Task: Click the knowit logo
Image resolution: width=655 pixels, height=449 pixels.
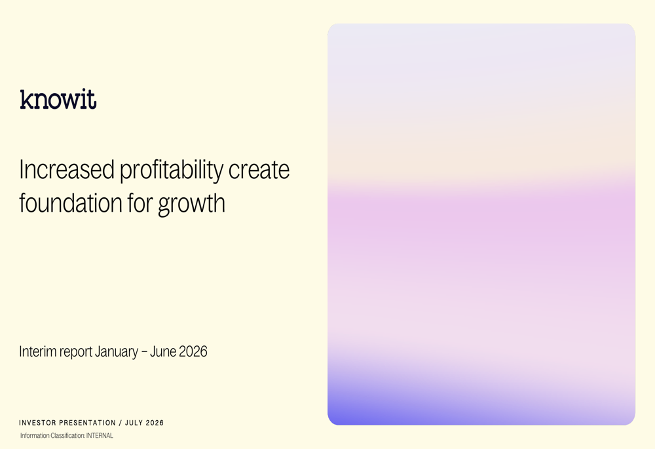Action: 58,100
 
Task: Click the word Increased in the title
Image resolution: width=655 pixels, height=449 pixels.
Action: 67,170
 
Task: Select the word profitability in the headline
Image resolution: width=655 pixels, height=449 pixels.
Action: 172,171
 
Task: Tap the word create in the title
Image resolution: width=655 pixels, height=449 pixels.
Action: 259,170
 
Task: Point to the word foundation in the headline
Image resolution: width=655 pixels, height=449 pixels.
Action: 71,203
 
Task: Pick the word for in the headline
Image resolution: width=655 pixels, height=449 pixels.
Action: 140,203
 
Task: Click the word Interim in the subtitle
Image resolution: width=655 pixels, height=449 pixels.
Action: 37,351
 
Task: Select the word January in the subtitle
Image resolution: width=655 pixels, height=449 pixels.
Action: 116,352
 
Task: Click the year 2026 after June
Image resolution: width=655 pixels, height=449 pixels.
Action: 193,351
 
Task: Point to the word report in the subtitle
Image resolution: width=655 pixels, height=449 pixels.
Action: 75,353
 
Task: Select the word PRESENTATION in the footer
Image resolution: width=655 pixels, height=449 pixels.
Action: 87,423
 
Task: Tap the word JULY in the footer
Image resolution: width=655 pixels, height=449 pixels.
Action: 134,423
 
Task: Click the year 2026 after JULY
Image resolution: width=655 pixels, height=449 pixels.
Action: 155,423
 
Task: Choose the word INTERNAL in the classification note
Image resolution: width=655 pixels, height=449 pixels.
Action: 100,436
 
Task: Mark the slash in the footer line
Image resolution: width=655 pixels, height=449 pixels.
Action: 121,423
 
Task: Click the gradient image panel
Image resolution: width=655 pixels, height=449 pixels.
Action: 481,224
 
